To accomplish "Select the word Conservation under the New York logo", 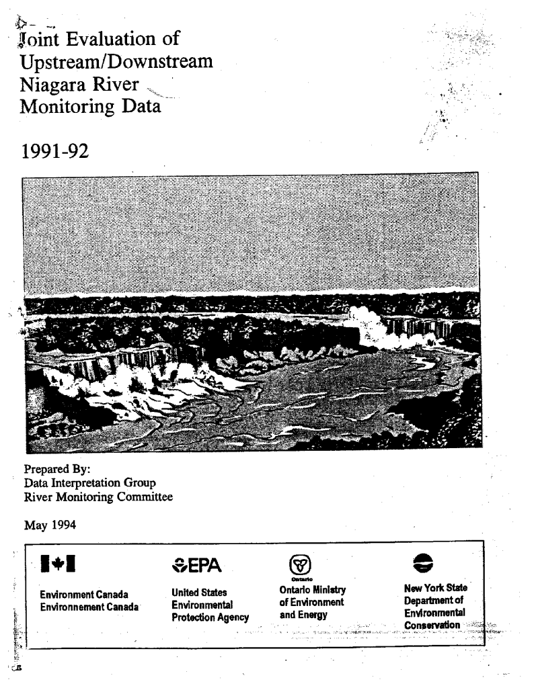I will click(x=432, y=626).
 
